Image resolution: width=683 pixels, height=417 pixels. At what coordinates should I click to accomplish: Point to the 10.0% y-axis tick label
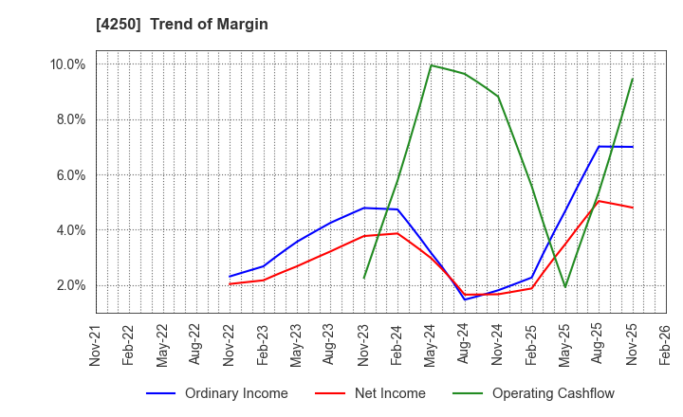tap(67, 64)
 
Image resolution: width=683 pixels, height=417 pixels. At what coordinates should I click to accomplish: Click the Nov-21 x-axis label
tap(97, 343)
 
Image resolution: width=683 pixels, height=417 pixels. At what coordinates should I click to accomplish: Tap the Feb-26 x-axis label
tap(666, 343)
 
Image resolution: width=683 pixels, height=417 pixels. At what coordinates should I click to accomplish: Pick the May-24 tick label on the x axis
tap(432, 343)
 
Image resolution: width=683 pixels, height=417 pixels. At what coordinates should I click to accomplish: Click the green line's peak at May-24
tap(432, 65)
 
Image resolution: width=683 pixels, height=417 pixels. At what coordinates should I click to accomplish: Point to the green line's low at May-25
tap(565, 287)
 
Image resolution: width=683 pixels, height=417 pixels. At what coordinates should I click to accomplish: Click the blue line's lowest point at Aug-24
tap(465, 299)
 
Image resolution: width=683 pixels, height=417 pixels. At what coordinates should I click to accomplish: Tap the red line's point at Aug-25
tap(599, 201)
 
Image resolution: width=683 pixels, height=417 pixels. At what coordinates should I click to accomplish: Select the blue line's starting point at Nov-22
tap(231, 277)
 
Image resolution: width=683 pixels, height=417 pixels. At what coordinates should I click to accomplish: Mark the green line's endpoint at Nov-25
tap(632, 80)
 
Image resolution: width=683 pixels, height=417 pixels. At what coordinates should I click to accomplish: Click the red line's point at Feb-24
tap(397, 233)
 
